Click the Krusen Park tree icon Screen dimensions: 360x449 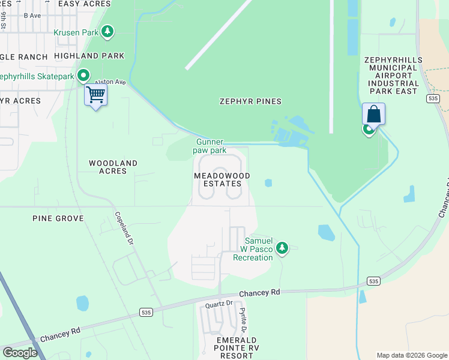coord(107,32)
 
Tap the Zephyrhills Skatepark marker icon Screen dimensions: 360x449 coord(83,76)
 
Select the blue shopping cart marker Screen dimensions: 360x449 coord(96,95)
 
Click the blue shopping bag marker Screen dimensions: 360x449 coord(373,114)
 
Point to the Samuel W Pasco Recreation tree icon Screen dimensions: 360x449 coord(282,248)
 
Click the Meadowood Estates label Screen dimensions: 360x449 coord(221,179)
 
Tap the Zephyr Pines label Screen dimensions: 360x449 coord(250,101)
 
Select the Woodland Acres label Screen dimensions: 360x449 coord(113,167)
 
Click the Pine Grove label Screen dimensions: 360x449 coord(58,218)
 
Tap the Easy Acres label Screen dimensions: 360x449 coord(85,4)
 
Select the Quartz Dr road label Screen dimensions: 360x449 coord(218,304)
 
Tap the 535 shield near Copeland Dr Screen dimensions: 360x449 coord(146,312)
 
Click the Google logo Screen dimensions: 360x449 coord(20,353)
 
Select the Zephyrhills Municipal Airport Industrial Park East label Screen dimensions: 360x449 coord(393,76)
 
